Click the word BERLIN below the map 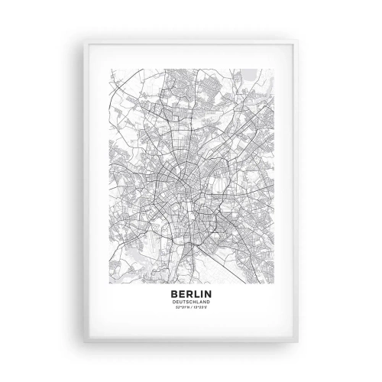(191, 293)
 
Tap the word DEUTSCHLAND (191, 301)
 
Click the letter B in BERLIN (175, 293)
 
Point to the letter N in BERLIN (207, 293)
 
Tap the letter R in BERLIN (188, 293)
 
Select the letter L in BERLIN (195, 293)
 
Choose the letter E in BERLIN (182, 293)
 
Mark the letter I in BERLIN (200, 293)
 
